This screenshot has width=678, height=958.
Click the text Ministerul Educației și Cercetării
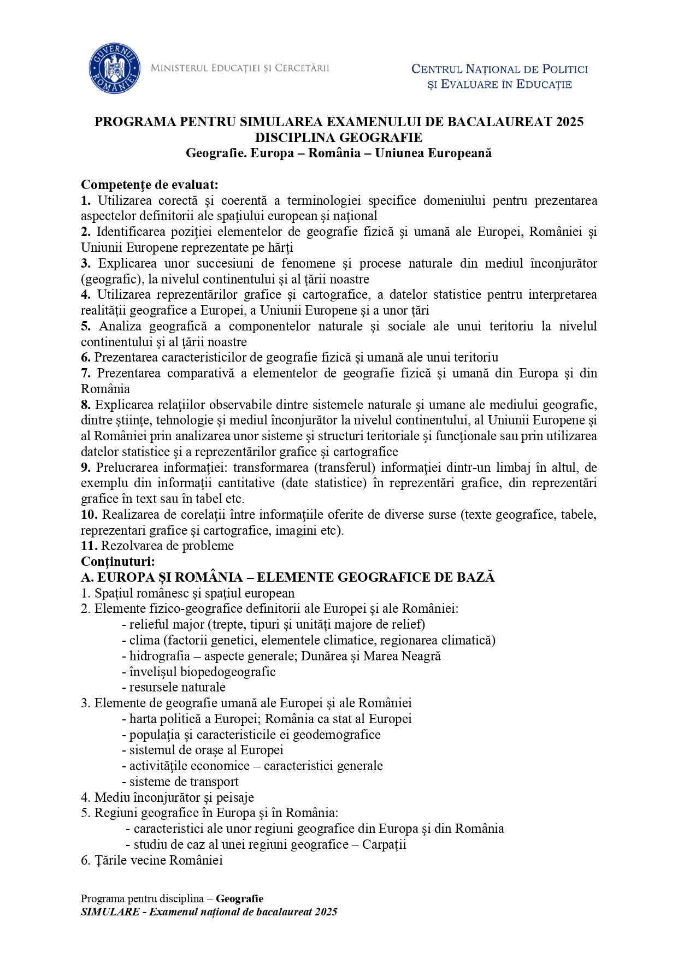[x=239, y=68]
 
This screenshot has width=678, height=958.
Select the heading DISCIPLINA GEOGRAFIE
[x=338, y=137]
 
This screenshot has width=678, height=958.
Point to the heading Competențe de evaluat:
[x=149, y=185]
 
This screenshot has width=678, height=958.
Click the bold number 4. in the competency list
[x=86, y=295]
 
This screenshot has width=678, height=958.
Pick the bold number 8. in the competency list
[x=86, y=405]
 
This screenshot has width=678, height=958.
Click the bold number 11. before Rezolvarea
[x=89, y=546]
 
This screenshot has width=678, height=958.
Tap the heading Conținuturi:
[x=118, y=561]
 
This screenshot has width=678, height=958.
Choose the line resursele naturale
[x=177, y=687]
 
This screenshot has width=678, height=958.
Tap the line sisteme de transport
[x=184, y=782]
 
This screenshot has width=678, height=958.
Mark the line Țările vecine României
[x=152, y=860]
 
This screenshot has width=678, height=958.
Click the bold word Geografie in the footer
[x=239, y=898]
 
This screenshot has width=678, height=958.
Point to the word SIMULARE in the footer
[x=110, y=912]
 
